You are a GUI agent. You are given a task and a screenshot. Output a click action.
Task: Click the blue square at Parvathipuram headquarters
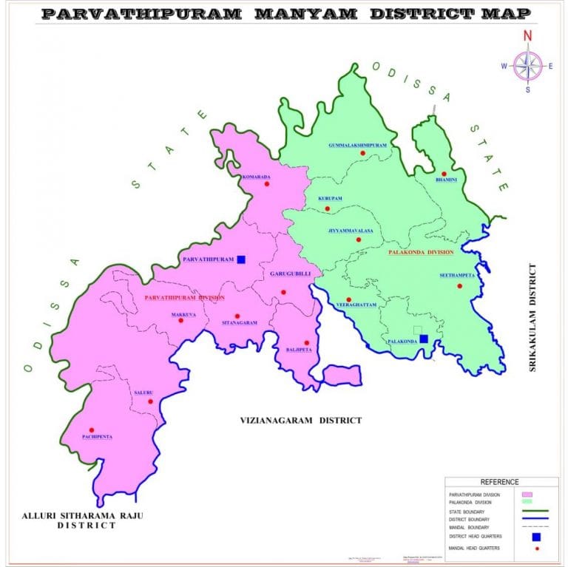[241, 259]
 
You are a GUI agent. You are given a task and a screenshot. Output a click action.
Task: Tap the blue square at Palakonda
[423, 339]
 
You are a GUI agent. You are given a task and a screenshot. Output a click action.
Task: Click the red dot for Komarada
[267, 184]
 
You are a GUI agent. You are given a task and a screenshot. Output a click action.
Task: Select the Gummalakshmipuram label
[358, 146]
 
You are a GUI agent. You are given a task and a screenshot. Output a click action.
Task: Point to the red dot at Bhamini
[444, 174]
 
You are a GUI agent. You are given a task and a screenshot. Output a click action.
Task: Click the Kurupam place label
[331, 199]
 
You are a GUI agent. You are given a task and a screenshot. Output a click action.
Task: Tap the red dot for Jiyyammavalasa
[359, 240]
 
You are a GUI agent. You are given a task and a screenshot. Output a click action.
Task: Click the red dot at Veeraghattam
[349, 299]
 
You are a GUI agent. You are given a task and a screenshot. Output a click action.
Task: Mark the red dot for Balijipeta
[305, 343]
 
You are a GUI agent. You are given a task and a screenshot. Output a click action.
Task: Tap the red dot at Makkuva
[180, 320]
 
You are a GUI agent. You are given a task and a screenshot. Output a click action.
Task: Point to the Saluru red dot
[150, 402]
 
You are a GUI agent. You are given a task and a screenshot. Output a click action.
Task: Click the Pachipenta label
[97, 437]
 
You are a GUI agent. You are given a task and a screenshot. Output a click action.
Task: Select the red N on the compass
[527, 35]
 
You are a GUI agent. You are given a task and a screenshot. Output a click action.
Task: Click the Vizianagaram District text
[300, 420]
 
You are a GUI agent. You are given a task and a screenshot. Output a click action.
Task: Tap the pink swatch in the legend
[527, 494]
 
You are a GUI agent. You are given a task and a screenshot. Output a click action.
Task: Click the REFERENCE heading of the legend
[499, 482]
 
